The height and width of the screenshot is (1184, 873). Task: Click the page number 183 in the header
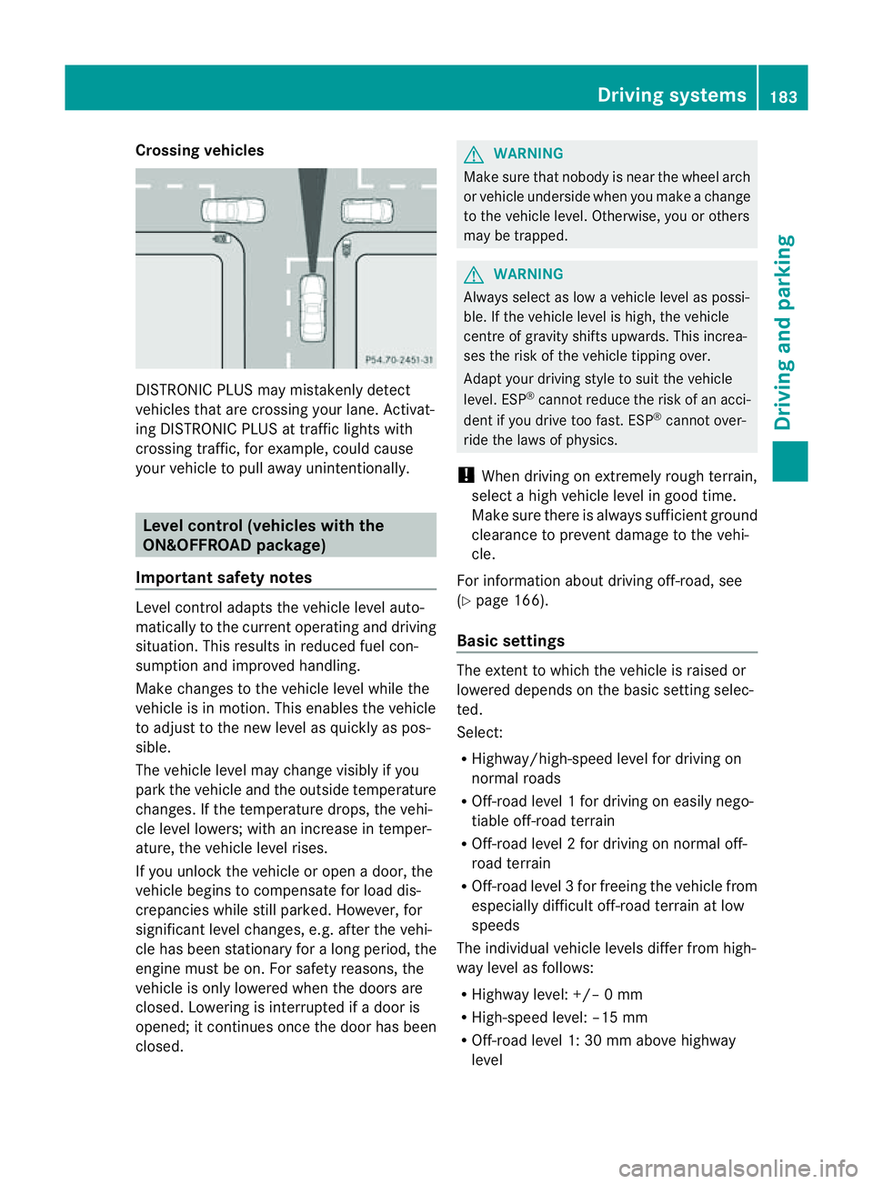click(783, 96)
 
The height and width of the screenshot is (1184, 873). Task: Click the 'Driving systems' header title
click(671, 95)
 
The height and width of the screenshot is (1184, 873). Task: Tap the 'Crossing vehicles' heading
click(200, 151)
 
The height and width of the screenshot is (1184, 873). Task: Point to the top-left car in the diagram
click(233, 211)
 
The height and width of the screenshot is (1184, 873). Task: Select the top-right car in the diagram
click(367, 212)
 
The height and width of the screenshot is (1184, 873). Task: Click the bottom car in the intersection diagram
click(312, 308)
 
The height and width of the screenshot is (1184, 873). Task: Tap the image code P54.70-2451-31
click(398, 360)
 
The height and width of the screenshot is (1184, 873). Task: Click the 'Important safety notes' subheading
click(224, 577)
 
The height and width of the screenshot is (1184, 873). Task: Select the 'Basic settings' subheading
click(510, 641)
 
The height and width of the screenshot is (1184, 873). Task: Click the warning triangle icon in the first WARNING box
click(474, 154)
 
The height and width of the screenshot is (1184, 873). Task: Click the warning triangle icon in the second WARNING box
click(474, 275)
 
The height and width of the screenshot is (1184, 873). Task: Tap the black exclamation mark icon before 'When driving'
click(466, 476)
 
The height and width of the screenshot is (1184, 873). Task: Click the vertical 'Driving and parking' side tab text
click(784, 333)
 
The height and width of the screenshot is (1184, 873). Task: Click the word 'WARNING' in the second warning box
click(528, 275)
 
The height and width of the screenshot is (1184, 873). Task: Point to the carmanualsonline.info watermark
click(738, 1168)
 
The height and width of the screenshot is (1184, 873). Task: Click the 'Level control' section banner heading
click(263, 536)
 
